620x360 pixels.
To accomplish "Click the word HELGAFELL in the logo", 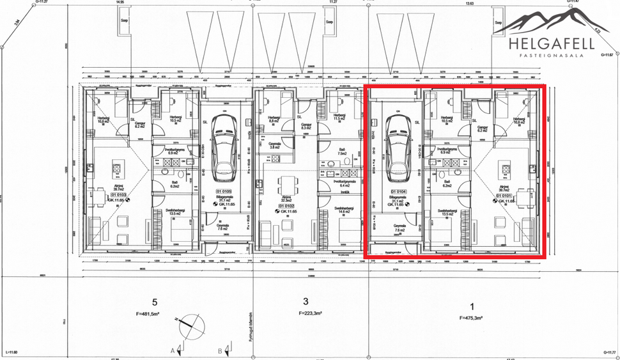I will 552,43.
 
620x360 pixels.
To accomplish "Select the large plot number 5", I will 155,302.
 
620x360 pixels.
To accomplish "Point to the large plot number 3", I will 306,302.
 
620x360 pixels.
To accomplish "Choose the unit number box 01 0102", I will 286,206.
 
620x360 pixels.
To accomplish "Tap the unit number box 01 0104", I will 399,191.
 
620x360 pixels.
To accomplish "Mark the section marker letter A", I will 173,350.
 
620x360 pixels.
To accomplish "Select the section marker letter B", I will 219,350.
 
